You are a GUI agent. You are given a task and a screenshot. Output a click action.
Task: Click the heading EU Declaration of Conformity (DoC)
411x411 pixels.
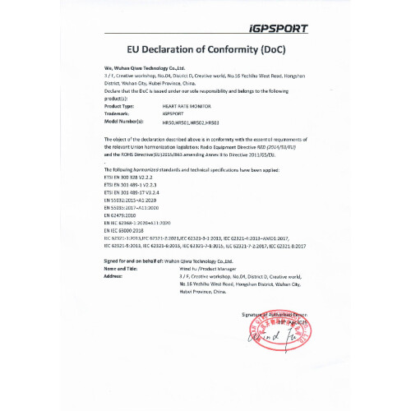point(205,49)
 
